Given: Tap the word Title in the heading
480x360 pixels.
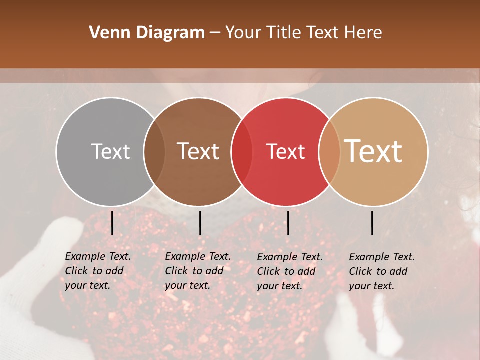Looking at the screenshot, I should (x=283, y=33).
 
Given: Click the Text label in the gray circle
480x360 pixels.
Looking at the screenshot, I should (x=110, y=151).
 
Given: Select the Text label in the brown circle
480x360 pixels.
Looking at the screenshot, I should (x=198, y=151).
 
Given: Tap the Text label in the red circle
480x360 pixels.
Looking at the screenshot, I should (x=285, y=151).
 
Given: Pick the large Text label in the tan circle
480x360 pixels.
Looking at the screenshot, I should (x=373, y=151).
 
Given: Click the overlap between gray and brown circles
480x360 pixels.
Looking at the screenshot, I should (x=154, y=151).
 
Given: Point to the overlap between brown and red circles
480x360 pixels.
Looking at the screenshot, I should (x=242, y=151).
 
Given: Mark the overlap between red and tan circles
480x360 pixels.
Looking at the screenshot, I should (x=329, y=151).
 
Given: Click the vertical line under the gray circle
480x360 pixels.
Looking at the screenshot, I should (x=112, y=223).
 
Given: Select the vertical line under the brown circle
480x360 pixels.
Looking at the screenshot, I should (x=200, y=223).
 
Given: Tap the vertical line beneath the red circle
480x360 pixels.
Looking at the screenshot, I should (x=288, y=223).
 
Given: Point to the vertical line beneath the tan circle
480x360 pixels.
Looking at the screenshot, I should (x=372, y=223).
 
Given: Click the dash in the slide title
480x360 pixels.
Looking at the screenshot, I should (x=215, y=33).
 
